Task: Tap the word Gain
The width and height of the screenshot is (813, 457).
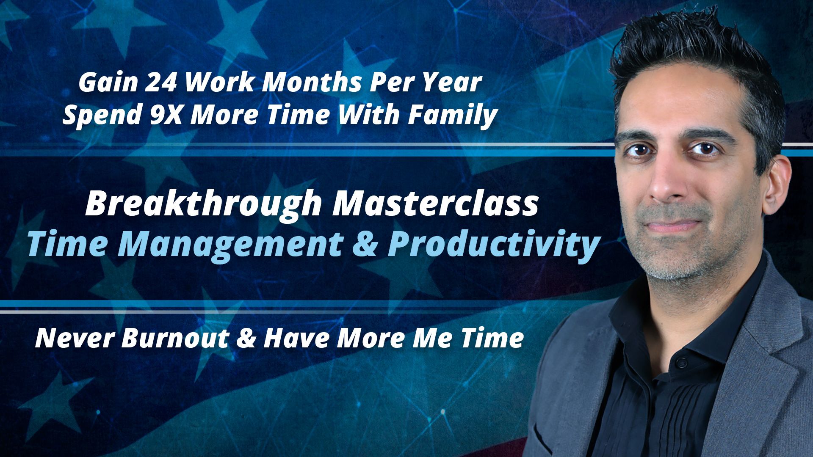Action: coord(108,83)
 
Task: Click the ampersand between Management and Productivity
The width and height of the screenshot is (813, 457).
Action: coord(365,245)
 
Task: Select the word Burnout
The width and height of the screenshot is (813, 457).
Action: coord(175,338)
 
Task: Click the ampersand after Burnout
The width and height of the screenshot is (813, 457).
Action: coord(246,339)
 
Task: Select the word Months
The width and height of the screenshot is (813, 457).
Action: coord(312,83)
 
